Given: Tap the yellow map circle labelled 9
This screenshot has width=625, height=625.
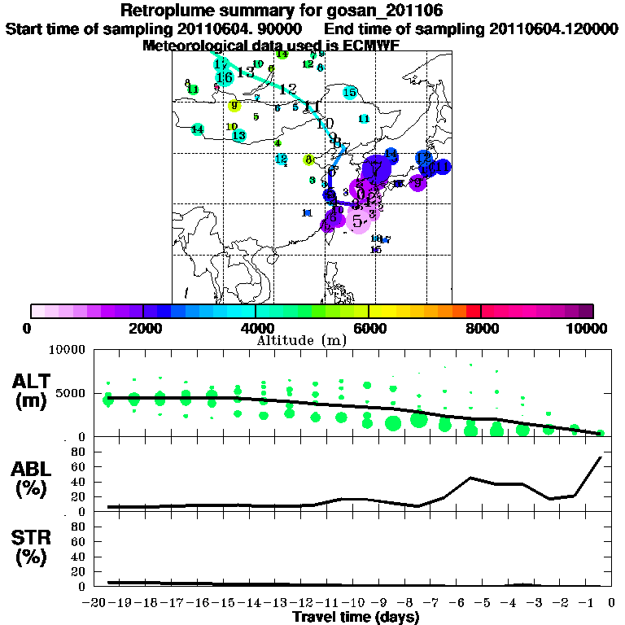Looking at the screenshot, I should coord(234,105).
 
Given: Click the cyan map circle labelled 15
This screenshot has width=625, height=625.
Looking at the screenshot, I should coord(350,93).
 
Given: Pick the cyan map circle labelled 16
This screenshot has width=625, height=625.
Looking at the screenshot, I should coord(225,77).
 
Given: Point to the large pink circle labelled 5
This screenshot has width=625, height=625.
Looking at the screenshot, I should coord(358,219).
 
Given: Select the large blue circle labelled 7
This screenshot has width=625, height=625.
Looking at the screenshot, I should coord(376,169).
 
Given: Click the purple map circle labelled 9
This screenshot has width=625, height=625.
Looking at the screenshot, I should coord(417,183).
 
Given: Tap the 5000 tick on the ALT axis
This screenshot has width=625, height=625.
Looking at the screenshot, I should coord(72,393).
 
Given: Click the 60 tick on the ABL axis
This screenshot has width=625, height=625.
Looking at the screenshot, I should coord(80,467).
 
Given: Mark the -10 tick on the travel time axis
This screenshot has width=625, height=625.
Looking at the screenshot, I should coord(354,603).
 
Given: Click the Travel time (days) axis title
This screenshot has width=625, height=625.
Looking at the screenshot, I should coord(356,618).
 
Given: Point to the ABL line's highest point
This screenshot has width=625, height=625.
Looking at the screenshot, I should coord(601,457).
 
